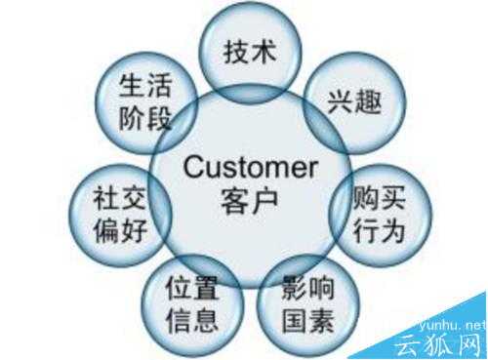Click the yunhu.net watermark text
pyautogui.click(x=451, y=323)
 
